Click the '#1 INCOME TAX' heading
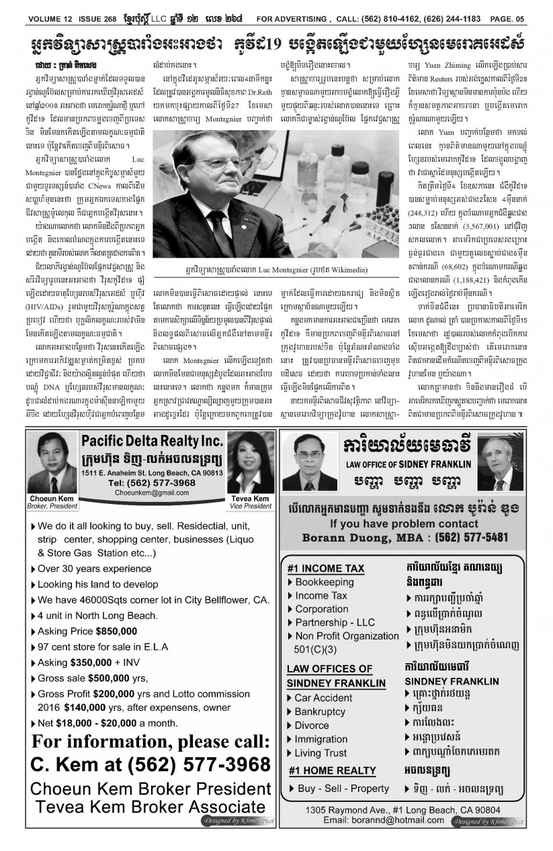pos(325,568)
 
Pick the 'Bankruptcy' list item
pos(321,711)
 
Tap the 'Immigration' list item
pos(321,740)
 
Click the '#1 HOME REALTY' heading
pos(332,770)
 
